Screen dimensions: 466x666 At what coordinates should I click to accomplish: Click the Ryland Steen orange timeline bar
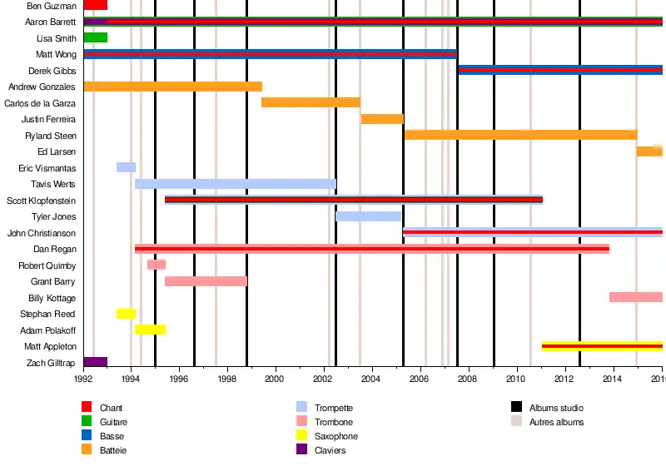(520, 135)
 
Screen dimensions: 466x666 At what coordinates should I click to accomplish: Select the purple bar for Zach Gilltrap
(96, 362)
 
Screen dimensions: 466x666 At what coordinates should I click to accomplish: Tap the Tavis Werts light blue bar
(236, 184)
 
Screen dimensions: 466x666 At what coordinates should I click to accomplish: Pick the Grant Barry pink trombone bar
(206, 281)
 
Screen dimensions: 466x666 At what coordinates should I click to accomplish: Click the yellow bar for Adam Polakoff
(150, 330)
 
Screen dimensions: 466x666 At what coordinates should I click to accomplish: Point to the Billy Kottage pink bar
(636, 297)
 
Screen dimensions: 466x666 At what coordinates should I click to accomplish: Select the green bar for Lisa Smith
(96, 37)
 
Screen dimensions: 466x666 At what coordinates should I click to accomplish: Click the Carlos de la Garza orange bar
(311, 102)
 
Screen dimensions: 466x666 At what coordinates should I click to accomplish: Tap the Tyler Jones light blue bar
(368, 216)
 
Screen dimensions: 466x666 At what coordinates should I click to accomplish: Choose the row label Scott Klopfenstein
(42, 201)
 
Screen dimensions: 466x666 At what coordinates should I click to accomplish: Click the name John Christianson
(42, 233)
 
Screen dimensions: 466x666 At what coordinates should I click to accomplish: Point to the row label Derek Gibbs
(52, 71)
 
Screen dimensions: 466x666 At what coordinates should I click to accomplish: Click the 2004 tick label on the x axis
(371, 379)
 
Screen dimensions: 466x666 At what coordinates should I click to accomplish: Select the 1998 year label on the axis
(227, 379)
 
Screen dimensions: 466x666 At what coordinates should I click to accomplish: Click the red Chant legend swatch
(87, 408)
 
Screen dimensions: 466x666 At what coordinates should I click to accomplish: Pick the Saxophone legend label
(336, 436)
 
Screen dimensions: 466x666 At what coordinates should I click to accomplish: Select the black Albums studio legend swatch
(516, 408)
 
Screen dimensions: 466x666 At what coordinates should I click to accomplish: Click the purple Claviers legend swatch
(302, 450)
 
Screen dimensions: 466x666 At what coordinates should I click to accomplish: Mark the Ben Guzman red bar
(96, 5)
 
